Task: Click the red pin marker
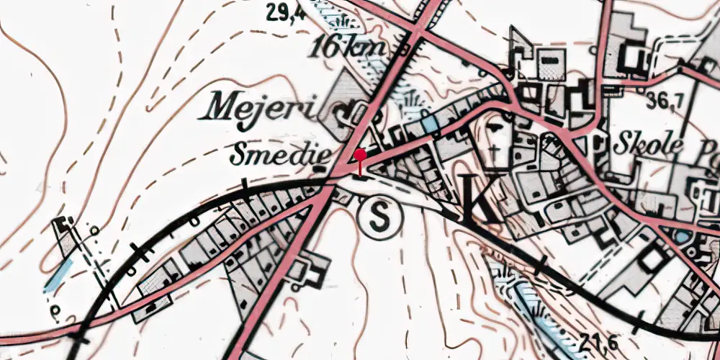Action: (360, 161)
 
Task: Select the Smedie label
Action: (281, 153)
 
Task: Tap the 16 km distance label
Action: (349, 49)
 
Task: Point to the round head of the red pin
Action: (360, 153)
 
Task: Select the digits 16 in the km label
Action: (326, 49)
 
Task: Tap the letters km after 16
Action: (368, 49)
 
